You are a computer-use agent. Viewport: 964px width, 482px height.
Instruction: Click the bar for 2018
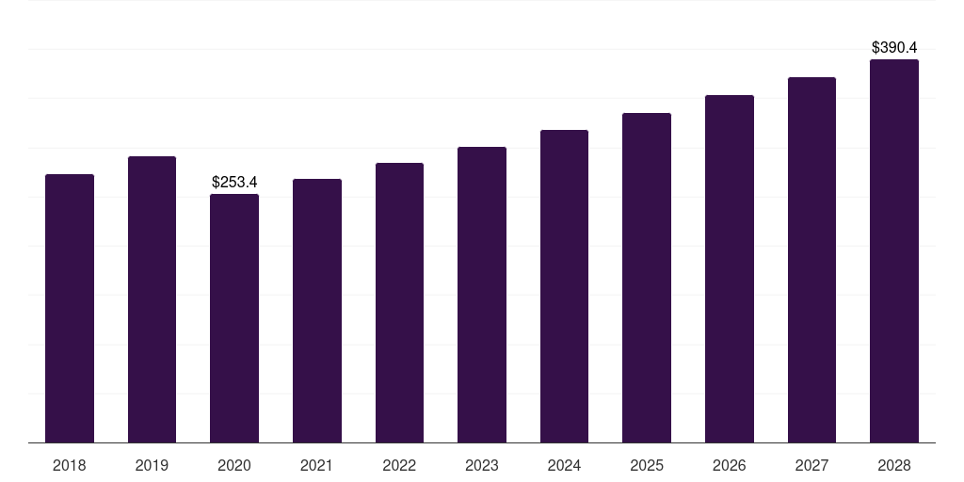70,308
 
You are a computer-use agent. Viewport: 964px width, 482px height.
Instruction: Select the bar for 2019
152,299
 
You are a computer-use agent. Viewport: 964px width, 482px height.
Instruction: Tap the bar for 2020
234,318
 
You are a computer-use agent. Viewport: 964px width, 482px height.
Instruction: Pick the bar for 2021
317,311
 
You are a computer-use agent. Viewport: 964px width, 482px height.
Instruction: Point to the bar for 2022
399,302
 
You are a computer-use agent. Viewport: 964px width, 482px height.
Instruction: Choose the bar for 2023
482,295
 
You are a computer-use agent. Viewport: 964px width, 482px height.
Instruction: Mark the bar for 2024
564,286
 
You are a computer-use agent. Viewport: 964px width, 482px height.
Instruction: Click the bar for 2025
647,278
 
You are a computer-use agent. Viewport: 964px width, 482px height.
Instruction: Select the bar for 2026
730,268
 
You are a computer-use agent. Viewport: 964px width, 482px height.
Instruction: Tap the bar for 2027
811,260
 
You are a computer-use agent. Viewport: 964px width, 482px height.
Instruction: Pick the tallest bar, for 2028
894,250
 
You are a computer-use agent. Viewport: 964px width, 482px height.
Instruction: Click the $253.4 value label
234,182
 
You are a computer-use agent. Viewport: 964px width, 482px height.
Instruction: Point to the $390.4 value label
894,47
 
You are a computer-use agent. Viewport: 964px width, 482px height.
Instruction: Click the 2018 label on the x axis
70,465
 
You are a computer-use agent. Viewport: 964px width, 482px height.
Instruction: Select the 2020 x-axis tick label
234,465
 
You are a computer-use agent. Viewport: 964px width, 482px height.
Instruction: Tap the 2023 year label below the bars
482,465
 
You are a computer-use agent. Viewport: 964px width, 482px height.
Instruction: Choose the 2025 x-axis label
647,465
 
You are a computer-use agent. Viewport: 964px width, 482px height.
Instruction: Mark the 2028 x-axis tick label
894,465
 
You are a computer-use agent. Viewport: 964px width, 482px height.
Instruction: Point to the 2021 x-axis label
317,465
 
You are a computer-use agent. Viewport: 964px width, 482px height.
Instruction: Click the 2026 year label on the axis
730,465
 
